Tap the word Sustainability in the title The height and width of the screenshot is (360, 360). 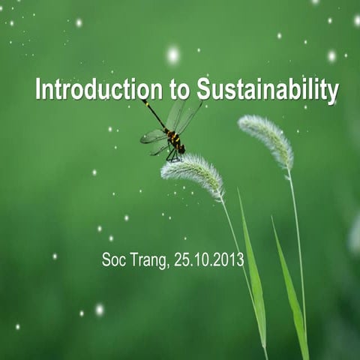point(268,90)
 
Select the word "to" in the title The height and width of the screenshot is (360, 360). point(180,90)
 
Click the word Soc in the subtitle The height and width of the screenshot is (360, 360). point(112,260)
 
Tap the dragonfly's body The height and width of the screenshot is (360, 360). point(173,140)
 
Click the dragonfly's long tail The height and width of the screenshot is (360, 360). point(155,113)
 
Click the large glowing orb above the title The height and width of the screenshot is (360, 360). point(173,55)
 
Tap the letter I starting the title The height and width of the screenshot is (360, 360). point(37,89)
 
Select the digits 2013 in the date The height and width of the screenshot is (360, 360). point(229,260)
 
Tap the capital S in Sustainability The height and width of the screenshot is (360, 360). point(204,89)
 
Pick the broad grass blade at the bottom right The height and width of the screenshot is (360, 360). point(291,300)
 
